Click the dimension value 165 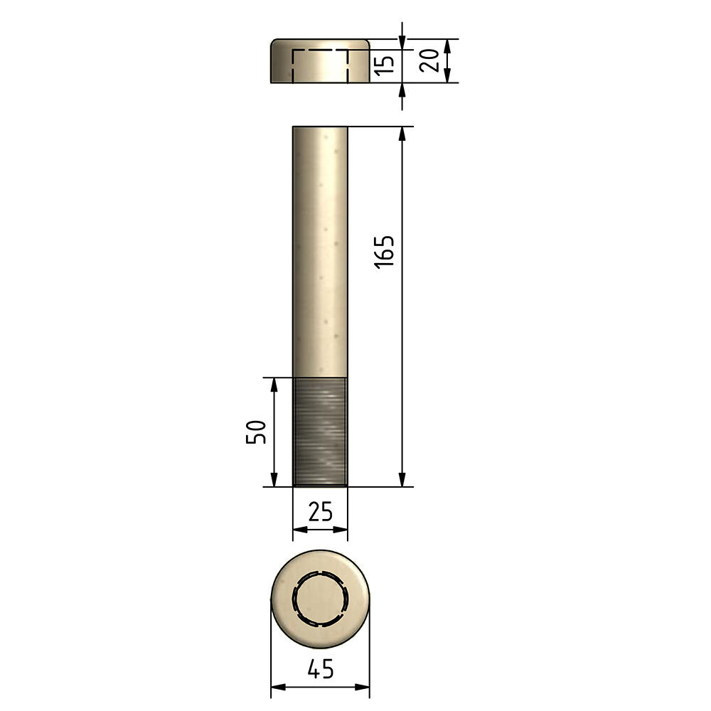pos(384,252)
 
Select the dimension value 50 pos(256,432)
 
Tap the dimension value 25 pos(320,511)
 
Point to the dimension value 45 pos(320,669)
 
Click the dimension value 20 pos(429,60)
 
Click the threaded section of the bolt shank pos(320,432)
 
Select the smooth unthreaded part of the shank pos(320,252)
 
